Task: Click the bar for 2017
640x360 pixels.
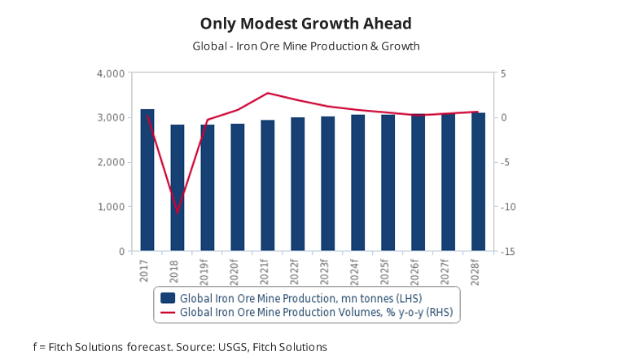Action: pyautogui.click(x=147, y=180)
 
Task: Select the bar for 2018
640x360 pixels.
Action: pyautogui.click(x=178, y=188)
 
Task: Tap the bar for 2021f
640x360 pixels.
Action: pyautogui.click(x=267, y=186)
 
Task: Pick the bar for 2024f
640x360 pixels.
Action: pyautogui.click(x=357, y=183)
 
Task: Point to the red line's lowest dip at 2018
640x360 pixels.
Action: pyautogui.click(x=178, y=212)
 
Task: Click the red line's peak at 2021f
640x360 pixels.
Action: pyautogui.click(x=268, y=93)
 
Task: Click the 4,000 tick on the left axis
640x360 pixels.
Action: pyautogui.click(x=111, y=73)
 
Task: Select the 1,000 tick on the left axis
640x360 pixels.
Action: pyautogui.click(x=111, y=207)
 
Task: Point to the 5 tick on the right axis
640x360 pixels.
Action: pyautogui.click(x=504, y=73)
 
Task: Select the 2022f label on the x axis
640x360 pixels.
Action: pyautogui.click(x=298, y=272)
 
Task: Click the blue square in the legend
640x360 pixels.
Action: pyautogui.click(x=168, y=298)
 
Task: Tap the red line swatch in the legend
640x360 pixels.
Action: pyautogui.click(x=168, y=311)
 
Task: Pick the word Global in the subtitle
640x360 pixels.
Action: pyautogui.click(x=209, y=46)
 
